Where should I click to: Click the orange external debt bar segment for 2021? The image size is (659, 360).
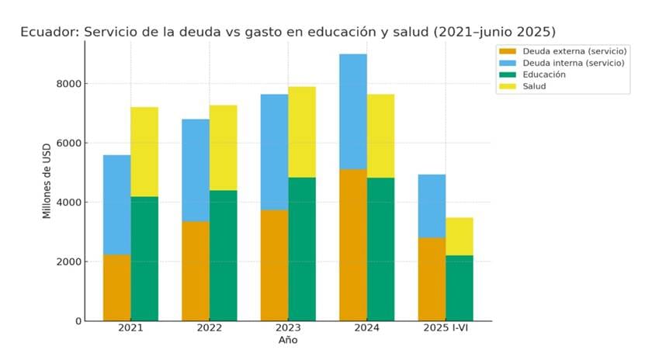point(116,288)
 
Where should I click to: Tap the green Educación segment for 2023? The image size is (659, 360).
point(302,249)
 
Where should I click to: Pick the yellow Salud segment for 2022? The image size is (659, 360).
point(223,147)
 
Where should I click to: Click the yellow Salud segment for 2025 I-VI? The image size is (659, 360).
point(460,237)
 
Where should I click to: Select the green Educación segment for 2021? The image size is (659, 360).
point(144,258)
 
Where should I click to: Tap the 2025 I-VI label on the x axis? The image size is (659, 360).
point(446,329)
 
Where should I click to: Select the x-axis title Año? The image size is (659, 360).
point(288,341)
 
